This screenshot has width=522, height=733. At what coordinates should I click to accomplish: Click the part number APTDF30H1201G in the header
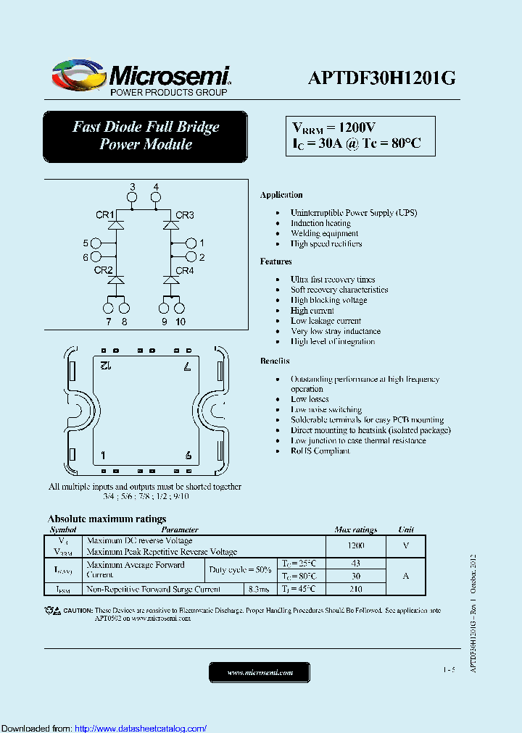(x=381, y=78)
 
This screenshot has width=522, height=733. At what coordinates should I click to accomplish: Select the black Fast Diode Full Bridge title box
(x=145, y=136)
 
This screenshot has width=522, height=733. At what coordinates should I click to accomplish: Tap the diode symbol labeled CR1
(x=117, y=225)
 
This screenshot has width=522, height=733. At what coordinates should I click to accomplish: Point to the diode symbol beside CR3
(x=171, y=225)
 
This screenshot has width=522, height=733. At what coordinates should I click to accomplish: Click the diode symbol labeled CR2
(x=117, y=280)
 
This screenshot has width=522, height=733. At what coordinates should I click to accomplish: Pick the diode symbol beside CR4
(x=171, y=280)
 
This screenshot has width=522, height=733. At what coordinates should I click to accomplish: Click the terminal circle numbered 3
(x=132, y=197)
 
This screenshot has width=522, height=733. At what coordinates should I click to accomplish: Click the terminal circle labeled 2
(x=191, y=257)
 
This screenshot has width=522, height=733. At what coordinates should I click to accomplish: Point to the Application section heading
(x=281, y=195)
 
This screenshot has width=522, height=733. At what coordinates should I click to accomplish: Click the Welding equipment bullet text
(x=324, y=233)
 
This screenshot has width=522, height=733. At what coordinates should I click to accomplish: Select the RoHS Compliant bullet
(x=320, y=451)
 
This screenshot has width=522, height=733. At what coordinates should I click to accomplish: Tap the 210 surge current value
(x=356, y=590)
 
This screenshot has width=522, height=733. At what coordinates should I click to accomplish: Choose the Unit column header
(x=406, y=529)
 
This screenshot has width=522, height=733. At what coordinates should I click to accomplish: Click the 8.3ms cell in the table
(x=258, y=590)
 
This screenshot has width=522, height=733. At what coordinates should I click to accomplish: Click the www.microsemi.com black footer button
(x=260, y=672)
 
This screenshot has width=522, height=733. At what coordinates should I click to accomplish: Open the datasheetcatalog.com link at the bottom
(x=141, y=728)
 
